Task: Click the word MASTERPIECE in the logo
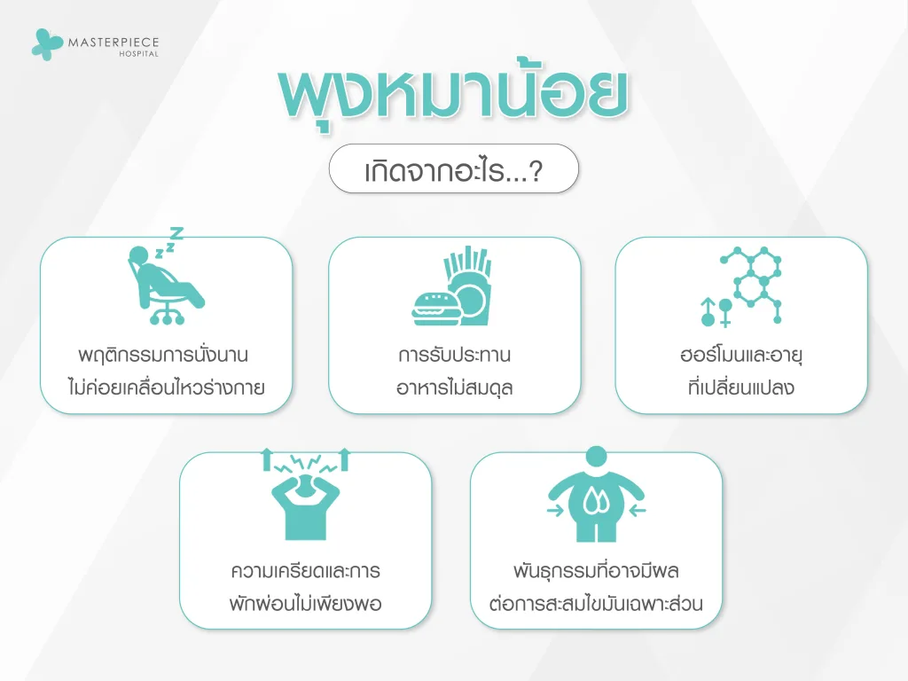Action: pos(113,41)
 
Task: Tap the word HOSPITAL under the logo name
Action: pos(140,54)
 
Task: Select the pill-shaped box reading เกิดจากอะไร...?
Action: pos(453,168)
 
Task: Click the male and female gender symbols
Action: pos(716,311)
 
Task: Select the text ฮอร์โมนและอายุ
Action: pos(741,356)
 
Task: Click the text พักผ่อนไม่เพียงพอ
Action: pos(305,605)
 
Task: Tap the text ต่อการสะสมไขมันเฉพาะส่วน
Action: pos(596,605)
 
